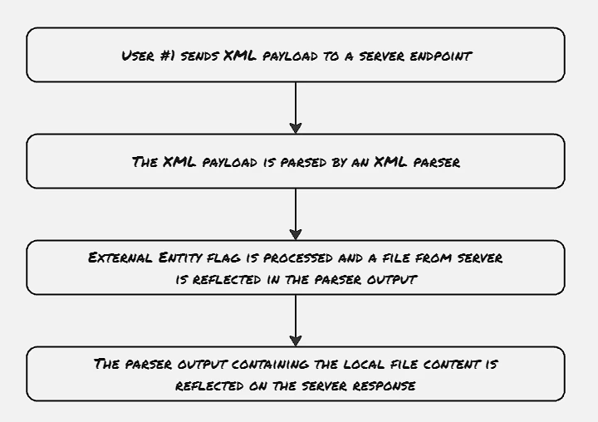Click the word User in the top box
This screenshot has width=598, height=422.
[x=138, y=56]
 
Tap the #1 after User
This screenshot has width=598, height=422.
[x=168, y=56]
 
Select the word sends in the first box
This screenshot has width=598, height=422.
[x=199, y=56]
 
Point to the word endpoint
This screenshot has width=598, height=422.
[x=441, y=56]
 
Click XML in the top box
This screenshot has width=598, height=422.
[x=240, y=56]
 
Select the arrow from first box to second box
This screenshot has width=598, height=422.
[x=296, y=108]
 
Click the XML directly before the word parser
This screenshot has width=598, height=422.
[x=390, y=162]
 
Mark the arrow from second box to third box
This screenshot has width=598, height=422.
[x=296, y=214]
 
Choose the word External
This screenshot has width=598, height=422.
[x=120, y=258]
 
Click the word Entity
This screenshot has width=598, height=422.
[x=180, y=258]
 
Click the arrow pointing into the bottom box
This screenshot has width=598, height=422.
[x=296, y=321]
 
